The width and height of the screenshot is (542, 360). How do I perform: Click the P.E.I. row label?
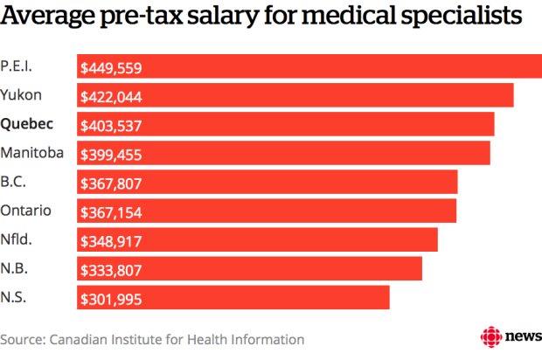(x=18, y=66)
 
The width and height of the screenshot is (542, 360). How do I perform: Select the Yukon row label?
(x=21, y=94)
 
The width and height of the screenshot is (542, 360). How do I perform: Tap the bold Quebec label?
(x=26, y=123)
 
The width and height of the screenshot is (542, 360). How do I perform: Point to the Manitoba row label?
(x=32, y=152)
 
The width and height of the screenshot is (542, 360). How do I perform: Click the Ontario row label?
(x=26, y=211)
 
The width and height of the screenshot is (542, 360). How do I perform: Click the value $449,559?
(x=111, y=67)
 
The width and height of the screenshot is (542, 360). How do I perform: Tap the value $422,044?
(x=111, y=96)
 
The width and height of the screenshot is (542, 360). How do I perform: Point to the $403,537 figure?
(x=111, y=125)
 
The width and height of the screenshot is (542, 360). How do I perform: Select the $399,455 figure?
(x=111, y=154)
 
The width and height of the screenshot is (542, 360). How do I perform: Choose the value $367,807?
(x=111, y=183)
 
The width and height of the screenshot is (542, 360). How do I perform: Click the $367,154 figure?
(x=111, y=212)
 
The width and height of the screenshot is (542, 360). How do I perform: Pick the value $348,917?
(x=111, y=241)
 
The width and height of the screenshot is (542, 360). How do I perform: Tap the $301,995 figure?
(x=111, y=299)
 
